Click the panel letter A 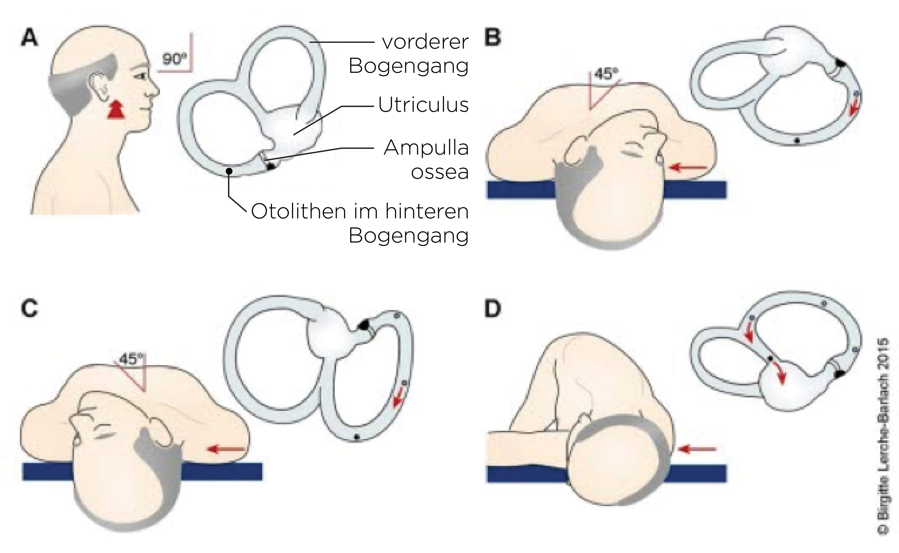point(30,38)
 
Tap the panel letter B point(492,38)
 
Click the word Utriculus point(423,105)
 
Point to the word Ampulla point(426,148)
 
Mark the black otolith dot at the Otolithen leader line point(229,171)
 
